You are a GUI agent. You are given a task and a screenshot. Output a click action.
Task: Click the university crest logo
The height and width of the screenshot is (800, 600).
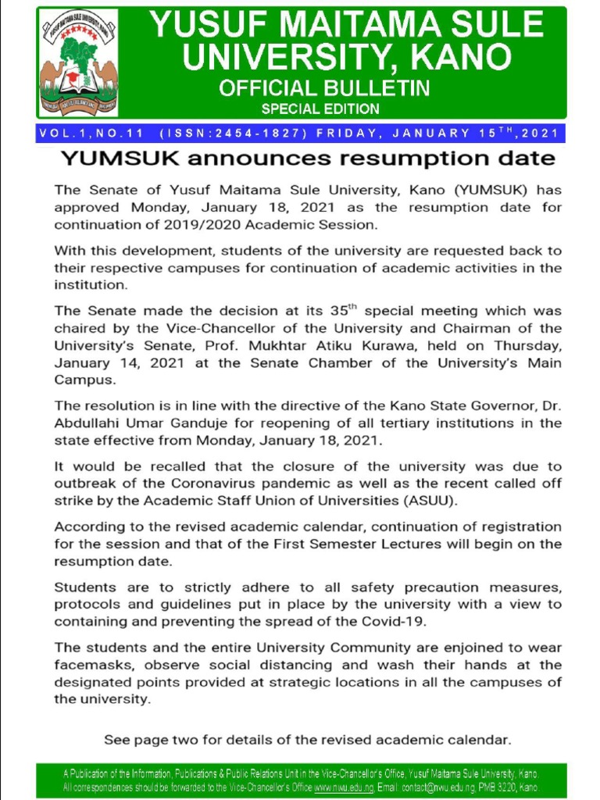[78, 63]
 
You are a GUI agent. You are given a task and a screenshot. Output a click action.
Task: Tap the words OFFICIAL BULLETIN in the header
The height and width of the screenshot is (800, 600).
[324, 87]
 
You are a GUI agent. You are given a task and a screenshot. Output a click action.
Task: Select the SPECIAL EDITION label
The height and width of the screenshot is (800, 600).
[320, 109]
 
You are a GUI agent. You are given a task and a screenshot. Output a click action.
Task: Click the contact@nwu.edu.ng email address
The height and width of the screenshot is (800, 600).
[433, 788]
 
